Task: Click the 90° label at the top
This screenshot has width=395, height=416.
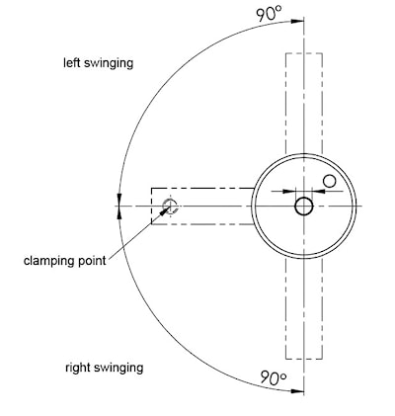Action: point(270,14)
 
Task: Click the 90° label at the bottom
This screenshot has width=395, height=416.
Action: point(274,377)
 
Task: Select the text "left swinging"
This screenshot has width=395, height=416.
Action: point(98,63)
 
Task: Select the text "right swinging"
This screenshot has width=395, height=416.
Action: point(104,368)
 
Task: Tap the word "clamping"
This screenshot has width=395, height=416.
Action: point(48,261)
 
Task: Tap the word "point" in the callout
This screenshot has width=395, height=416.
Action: point(92,261)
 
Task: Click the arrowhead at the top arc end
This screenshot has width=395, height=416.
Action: point(297,21)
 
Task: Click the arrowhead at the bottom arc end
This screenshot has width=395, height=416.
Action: point(297,391)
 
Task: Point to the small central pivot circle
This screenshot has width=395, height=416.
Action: point(304,207)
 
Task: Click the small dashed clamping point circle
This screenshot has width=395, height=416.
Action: point(171,207)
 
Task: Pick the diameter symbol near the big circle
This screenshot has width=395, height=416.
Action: point(329,181)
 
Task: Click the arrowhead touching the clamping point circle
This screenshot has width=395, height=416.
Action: point(165,210)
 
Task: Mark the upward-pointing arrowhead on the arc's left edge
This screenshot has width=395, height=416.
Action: point(119,212)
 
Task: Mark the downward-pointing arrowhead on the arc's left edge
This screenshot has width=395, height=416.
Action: point(119,200)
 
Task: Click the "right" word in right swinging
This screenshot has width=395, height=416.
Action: point(78,368)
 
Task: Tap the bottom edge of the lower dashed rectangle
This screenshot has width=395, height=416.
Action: point(304,359)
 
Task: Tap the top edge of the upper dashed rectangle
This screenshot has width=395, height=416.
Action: point(304,53)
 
